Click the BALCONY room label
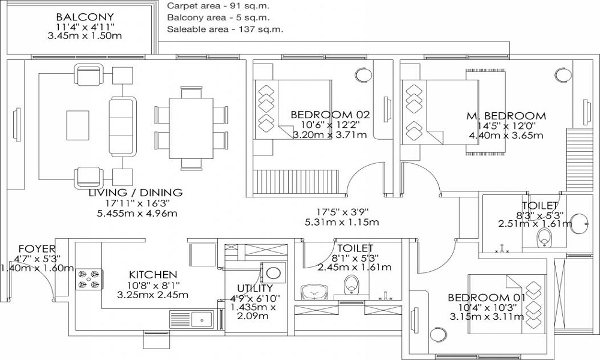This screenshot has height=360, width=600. pos(85,17)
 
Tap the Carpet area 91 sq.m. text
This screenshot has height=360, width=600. pos(218,6)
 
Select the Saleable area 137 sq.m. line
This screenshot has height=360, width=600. pos(225,29)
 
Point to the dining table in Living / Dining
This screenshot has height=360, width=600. pos(191,128)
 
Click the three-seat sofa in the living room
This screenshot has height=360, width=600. pos(122,126)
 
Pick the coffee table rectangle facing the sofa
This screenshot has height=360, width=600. pos(77,125)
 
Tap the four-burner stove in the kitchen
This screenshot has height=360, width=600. pos(89,279)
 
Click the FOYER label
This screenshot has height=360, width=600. pos(37,250)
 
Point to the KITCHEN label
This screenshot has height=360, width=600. pos(153,275)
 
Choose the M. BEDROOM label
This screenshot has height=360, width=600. pos(506,116)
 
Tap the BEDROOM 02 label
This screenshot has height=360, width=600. pos(330,115)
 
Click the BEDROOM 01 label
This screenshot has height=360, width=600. pos(487,297)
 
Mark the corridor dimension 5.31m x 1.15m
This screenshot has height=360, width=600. pos(342,222)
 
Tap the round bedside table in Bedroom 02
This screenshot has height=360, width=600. pos(363,75)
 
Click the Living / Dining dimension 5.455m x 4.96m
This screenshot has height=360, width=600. pos(137,213)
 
